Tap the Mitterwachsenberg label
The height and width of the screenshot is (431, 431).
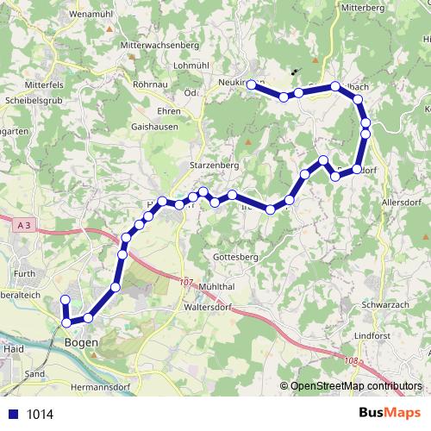(159, 44)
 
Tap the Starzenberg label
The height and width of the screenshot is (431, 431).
(213, 163)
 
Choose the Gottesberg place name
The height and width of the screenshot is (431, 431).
(234, 258)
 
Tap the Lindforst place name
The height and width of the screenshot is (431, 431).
(372, 334)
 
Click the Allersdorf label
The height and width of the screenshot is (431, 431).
(404, 202)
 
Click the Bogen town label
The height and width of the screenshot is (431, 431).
(81, 342)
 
